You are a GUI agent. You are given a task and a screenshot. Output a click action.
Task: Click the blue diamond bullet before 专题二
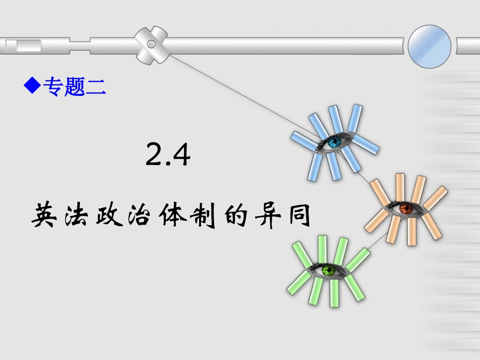click(x=32, y=85)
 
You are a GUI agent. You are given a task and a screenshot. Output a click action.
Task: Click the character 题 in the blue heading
click(x=74, y=86)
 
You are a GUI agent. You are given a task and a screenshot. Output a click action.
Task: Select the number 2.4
click(x=168, y=155)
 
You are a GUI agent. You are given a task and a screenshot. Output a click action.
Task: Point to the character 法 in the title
click(x=78, y=216)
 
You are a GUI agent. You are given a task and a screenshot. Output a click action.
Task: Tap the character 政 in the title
click(x=110, y=216)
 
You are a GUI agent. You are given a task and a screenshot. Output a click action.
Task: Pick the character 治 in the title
click(x=143, y=216)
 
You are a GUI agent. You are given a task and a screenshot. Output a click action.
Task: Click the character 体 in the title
click(x=176, y=216)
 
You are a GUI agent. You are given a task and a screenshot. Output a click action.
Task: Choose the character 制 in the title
click(x=209, y=216)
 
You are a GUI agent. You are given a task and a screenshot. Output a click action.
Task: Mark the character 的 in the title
click(x=242, y=216)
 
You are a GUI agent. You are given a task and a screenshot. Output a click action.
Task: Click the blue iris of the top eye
click(x=333, y=143)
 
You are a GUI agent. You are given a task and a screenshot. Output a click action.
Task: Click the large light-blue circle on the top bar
click(x=429, y=46)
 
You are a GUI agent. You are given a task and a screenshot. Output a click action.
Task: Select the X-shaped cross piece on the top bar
click(x=151, y=45)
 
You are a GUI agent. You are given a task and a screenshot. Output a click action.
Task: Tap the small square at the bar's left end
click(x=11, y=46)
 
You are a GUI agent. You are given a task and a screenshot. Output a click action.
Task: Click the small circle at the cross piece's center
click(x=150, y=45)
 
